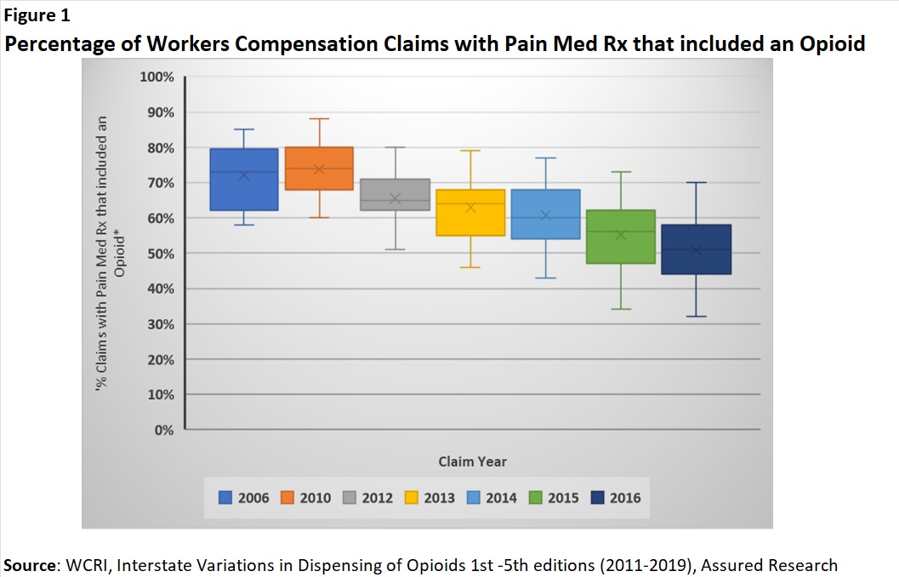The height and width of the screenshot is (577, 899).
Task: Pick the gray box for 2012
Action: [x=395, y=194]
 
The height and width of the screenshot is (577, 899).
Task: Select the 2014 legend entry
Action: [x=492, y=498]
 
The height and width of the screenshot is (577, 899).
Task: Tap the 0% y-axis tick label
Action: [x=163, y=431]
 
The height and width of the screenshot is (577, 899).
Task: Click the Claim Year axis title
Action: [x=472, y=461]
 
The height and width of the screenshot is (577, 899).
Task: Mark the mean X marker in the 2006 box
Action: [x=244, y=174]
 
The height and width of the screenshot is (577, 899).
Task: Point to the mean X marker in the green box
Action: [x=621, y=234]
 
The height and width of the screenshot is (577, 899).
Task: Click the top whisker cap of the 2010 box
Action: [x=320, y=119]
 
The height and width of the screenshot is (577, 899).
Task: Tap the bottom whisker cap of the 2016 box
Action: [x=697, y=317]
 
